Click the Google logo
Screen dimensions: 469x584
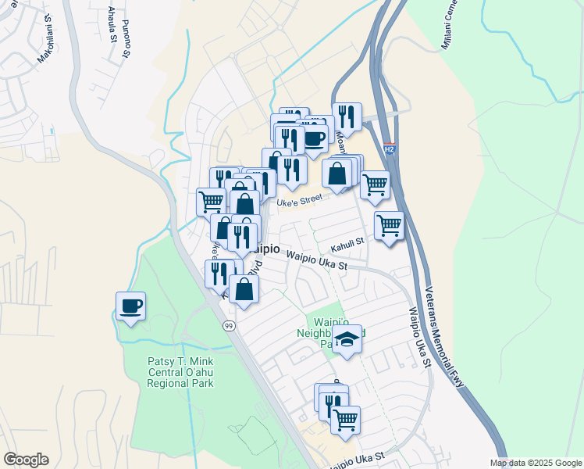[x=26, y=460]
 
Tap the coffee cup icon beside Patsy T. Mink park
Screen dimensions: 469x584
[x=130, y=306]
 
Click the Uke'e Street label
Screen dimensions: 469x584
[x=301, y=200]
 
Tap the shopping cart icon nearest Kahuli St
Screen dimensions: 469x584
[x=389, y=225]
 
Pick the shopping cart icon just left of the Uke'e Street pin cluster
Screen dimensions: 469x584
[x=211, y=202]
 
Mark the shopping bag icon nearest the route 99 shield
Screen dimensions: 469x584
[x=244, y=288]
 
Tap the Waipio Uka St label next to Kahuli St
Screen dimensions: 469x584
[x=316, y=261]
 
